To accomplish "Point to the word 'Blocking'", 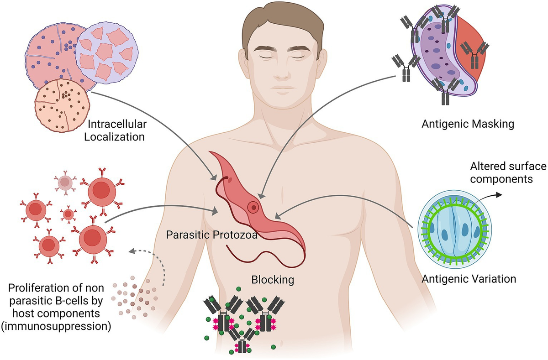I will coord(273,279).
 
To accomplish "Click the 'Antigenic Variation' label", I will coord(469,278).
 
